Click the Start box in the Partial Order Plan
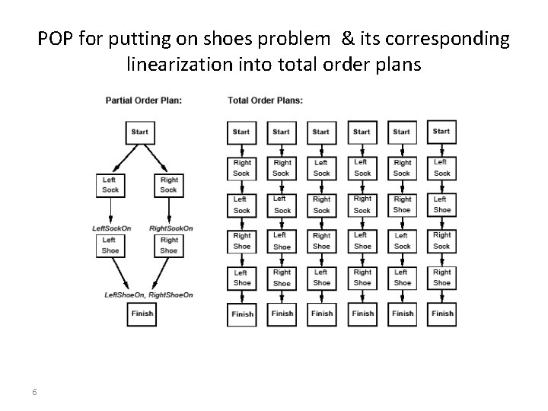click(139, 132)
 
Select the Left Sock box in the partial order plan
click(110, 185)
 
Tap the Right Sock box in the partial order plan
click(168, 185)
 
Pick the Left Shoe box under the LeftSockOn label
click(110, 245)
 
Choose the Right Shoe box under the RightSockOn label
click(168, 245)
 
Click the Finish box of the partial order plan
click(142, 313)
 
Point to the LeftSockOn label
click(110, 228)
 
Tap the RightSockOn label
click(171, 228)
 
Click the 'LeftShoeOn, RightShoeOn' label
click(149, 295)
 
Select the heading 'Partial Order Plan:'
click(143, 100)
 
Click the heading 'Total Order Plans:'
click(265, 100)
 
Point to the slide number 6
click(35, 391)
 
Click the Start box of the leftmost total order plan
click(241, 132)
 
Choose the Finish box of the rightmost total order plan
click(442, 313)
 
